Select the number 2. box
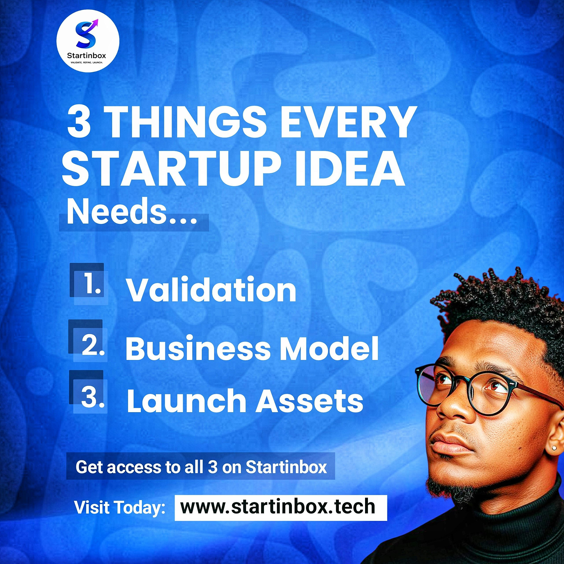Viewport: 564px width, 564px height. click(x=88, y=340)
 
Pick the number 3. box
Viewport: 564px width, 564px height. click(x=88, y=391)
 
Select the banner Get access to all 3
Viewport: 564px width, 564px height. click(x=201, y=467)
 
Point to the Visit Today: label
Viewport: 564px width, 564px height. click(x=120, y=507)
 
